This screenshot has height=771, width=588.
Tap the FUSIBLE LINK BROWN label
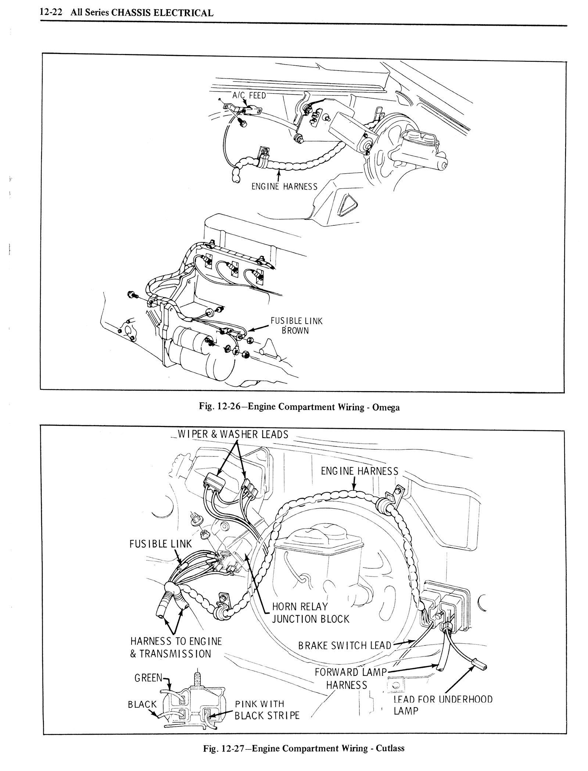click(297, 326)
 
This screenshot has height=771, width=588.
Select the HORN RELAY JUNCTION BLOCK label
click(311, 613)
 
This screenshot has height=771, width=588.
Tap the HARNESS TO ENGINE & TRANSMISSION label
click(176, 647)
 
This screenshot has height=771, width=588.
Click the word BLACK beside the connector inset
click(142, 704)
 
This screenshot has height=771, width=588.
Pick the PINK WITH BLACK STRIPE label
click(267, 709)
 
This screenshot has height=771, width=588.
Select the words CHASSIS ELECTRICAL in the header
click(162, 13)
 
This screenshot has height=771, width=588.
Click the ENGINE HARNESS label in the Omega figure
click(284, 187)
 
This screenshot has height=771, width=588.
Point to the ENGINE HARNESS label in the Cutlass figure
click(359, 471)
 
